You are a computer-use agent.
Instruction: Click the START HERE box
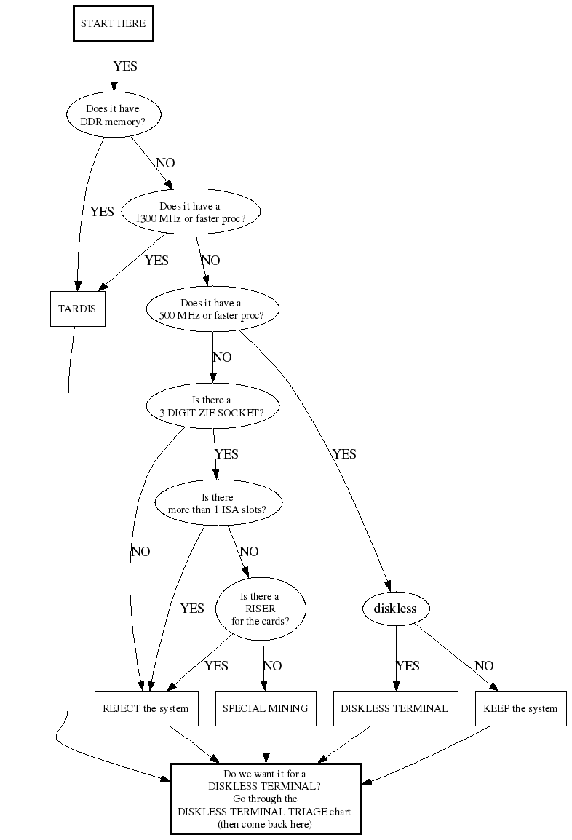pyautogui.click(x=113, y=23)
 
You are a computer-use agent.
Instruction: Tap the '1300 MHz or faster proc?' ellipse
pyautogui.click(x=190, y=212)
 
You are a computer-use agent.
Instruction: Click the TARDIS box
pyautogui.click(x=76, y=309)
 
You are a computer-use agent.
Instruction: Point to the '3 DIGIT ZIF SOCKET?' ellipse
pyautogui.click(x=212, y=406)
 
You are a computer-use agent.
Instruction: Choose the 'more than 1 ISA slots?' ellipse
pyautogui.click(x=219, y=504)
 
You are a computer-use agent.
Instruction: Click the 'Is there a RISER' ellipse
pyautogui.click(x=261, y=609)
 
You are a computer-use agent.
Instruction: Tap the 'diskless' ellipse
pyautogui.click(x=395, y=609)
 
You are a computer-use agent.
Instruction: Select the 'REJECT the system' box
pyautogui.click(x=146, y=708)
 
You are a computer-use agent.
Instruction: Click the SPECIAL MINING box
pyautogui.click(x=265, y=708)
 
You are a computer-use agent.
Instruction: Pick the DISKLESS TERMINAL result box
pyautogui.click(x=395, y=708)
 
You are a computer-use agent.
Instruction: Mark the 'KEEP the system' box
pyautogui.click(x=520, y=708)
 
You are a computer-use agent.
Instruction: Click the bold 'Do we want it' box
pyautogui.click(x=266, y=799)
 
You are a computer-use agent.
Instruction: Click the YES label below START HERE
pyautogui.click(x=125, y=66)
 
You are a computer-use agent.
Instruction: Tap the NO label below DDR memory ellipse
pyautogui.click(x=165, y=163)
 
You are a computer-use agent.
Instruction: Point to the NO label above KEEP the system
pyautogui.click(x=484, y=666)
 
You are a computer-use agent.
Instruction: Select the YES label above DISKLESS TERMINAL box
pyautogui.click(x=408, y=666)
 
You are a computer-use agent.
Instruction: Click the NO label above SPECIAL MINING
pyautogui.click(x=272, y=666)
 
